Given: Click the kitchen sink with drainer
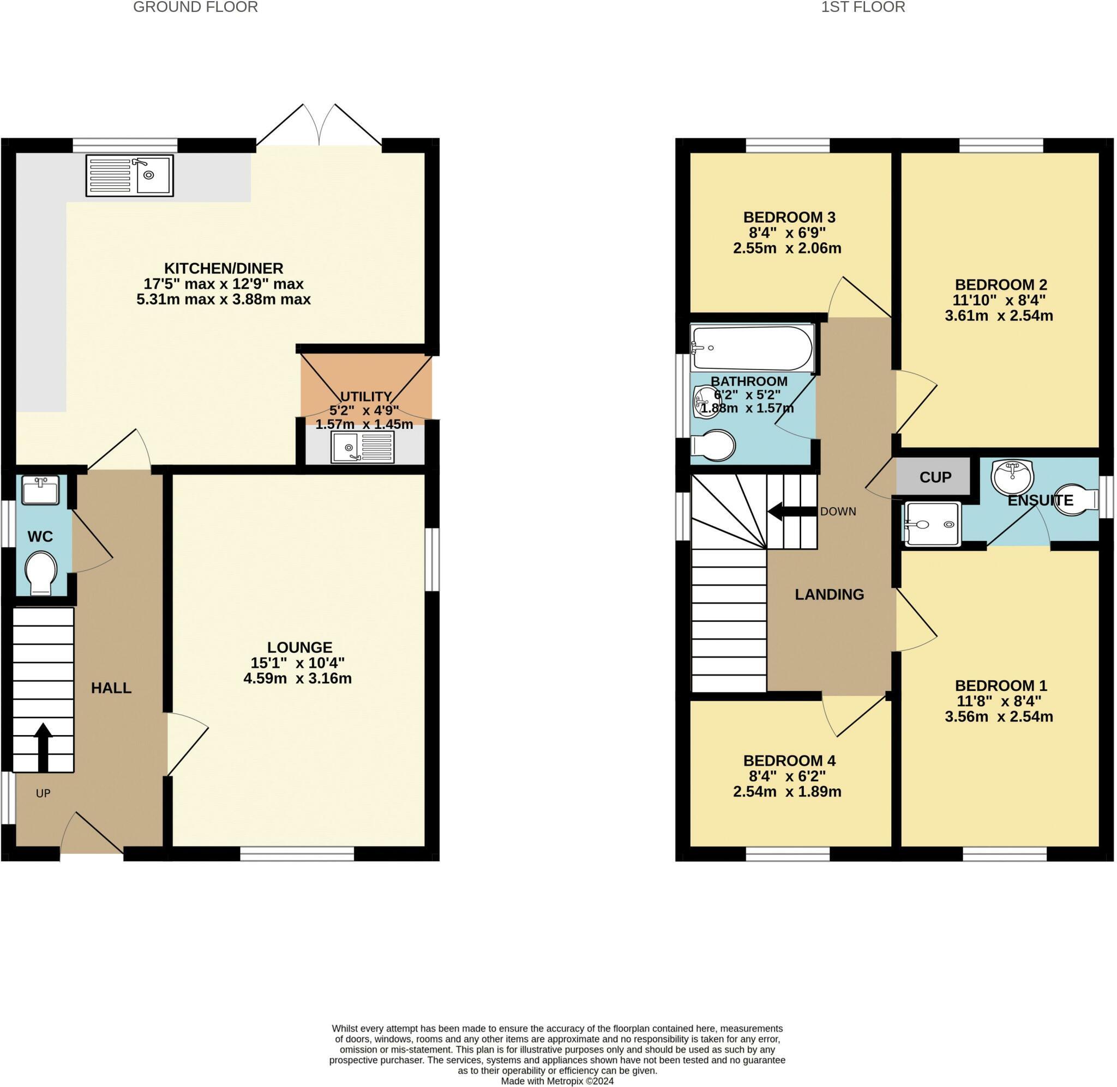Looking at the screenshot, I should point(130,176).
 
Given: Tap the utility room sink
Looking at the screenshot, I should point(362,447).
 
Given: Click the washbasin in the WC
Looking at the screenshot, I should point(40,490).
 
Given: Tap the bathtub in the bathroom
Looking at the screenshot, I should point(752,348).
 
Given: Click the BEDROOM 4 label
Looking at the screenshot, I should point(789,761).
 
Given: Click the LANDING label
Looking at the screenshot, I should point(829,594).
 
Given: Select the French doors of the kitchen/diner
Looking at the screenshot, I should point(319,126).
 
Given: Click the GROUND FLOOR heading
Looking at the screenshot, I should point(195,8).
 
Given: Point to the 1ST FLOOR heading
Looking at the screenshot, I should point(863,8).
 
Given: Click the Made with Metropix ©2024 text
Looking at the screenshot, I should point(557,1080).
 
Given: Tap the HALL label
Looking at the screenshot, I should point(111,688).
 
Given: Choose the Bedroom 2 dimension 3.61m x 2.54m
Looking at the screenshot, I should point(999,315).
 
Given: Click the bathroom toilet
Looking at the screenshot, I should point(712,445).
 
